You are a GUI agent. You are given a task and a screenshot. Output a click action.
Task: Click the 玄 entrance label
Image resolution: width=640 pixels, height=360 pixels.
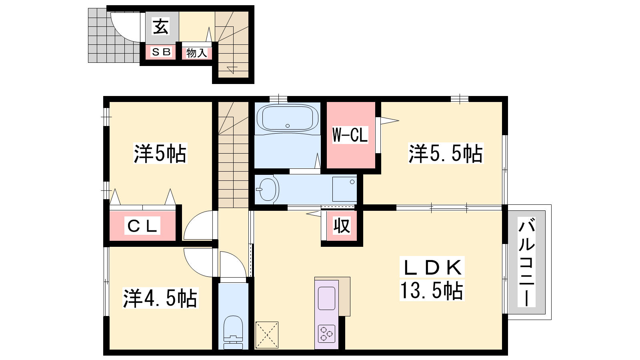tap(161, 26)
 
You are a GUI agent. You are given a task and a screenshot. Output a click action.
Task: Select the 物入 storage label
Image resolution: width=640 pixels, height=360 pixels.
tap(196, 53)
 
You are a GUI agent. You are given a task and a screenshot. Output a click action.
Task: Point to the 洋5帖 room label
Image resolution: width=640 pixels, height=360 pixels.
tap(160, 154)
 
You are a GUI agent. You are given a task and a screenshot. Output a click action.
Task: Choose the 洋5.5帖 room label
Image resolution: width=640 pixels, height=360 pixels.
tap(446, 154)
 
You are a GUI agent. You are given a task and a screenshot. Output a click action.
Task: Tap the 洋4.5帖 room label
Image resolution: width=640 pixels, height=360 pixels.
tap(160, 298)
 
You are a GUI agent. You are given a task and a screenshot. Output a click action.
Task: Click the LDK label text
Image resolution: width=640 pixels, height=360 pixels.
tap(432, 268)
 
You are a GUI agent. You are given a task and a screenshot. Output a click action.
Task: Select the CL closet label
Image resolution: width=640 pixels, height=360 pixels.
tap(142, 226)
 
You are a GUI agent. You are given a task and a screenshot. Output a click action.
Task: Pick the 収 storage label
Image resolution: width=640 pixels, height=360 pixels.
tap(342, 226)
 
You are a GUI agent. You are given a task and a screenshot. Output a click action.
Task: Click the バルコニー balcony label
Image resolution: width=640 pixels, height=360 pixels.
tap(526, 262)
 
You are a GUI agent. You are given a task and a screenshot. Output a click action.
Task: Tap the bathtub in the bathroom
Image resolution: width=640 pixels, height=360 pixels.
tap(288, 118)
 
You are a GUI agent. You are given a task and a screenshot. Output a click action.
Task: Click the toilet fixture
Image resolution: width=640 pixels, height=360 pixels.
tap(233, 332)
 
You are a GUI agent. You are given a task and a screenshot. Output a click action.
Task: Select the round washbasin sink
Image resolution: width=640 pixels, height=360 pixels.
tap(268, 189)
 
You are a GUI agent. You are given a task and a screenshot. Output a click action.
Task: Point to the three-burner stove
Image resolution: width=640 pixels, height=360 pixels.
tap(326, 334)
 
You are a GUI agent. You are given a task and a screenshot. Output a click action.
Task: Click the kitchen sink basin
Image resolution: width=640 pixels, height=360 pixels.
tap(326, 298)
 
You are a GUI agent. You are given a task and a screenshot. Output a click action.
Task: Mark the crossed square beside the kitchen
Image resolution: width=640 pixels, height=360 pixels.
tap(267, 335)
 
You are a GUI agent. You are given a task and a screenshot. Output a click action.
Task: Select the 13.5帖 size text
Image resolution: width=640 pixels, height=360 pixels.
tap(432, 290)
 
